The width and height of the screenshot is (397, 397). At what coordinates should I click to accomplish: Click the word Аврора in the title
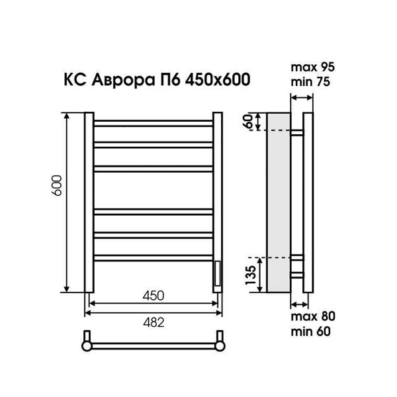coord(122,80)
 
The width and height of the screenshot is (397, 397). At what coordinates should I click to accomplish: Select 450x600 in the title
coord(218,79)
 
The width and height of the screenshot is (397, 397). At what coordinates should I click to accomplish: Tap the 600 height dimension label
coord(57,185)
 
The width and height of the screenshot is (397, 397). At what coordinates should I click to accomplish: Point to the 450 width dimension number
coord(154,296)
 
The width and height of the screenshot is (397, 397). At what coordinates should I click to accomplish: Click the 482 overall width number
coord(154,323)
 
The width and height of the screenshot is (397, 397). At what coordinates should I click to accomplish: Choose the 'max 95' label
coord(313,67)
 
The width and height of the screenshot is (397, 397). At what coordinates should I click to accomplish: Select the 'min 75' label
coord(310,82)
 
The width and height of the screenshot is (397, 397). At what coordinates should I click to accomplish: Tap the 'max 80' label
coord(313,316)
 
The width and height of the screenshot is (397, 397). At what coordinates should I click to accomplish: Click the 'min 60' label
coord(311,331)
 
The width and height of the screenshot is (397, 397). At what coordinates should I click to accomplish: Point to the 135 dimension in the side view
coord(251,275)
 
